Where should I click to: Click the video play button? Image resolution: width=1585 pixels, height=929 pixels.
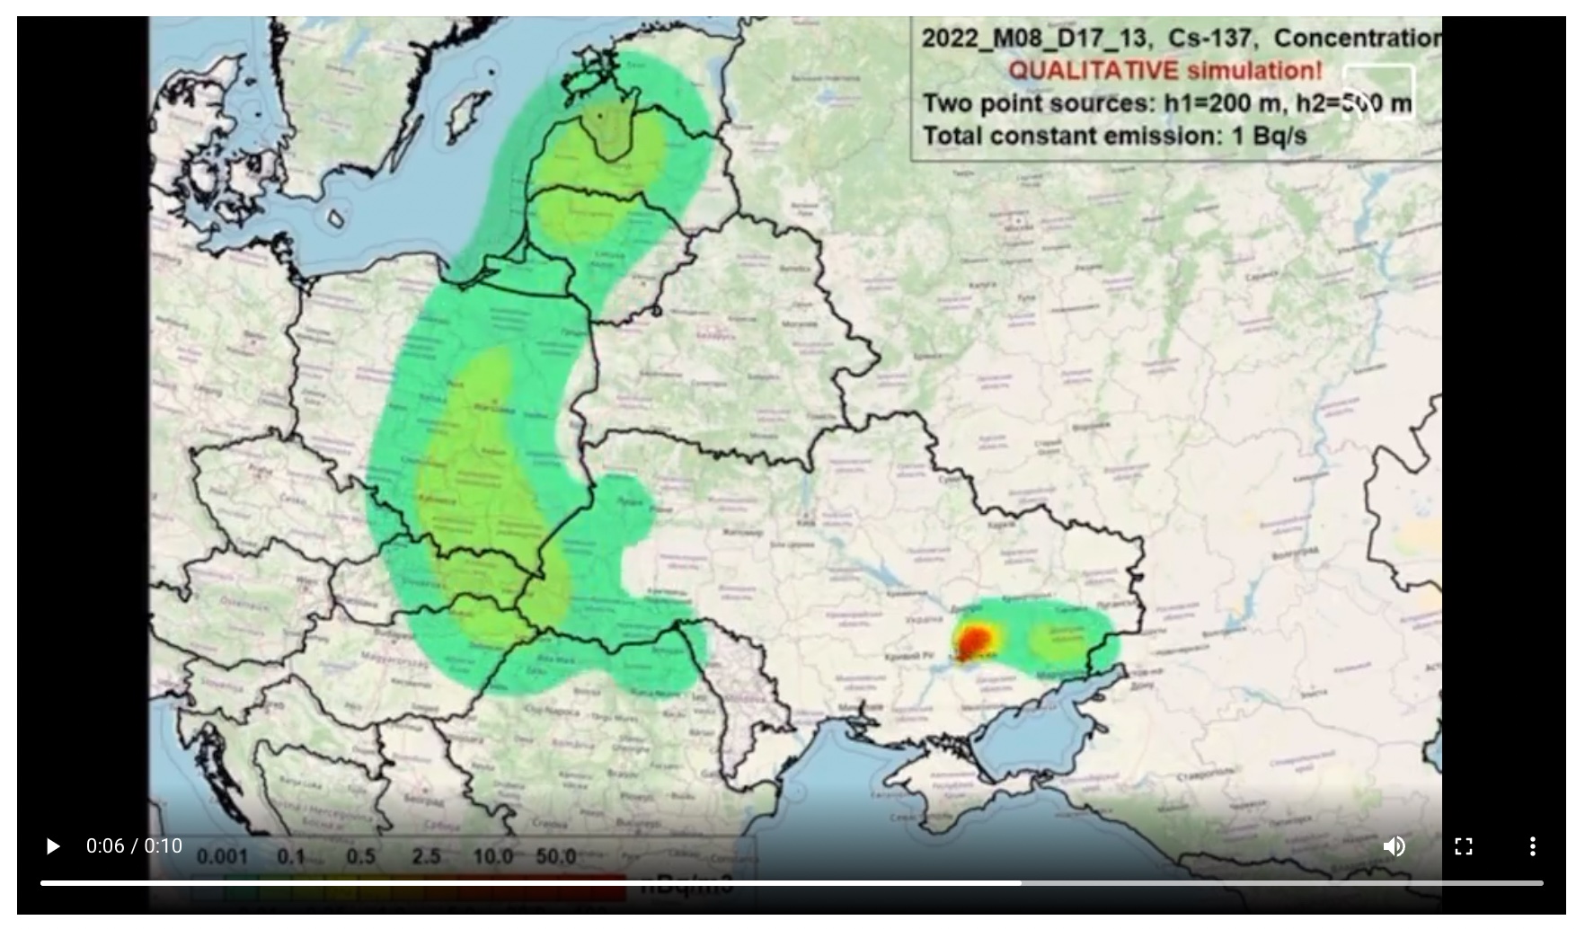click(52, 846)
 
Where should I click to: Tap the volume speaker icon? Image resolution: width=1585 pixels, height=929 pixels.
click(1394, 846)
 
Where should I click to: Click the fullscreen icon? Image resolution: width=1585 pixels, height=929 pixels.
click(1463, 846)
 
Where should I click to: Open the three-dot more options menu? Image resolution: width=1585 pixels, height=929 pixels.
click(1532, 846)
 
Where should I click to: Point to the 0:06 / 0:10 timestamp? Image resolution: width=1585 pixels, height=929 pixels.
click(134, 846)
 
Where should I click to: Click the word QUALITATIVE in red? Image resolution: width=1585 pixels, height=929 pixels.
click(1093, 71)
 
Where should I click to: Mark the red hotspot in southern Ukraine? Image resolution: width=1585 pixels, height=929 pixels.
click(974, 641)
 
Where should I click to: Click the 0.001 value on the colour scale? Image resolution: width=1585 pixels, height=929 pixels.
click(222, 857)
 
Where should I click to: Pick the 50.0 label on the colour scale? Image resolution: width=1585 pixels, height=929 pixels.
click(555, 857)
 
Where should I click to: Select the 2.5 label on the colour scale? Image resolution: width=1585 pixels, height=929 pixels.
click(426, 857)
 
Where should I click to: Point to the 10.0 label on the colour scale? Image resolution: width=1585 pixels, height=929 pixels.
click(492, 857)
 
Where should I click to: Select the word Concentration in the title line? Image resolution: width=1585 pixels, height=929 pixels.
click(1357, 39)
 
